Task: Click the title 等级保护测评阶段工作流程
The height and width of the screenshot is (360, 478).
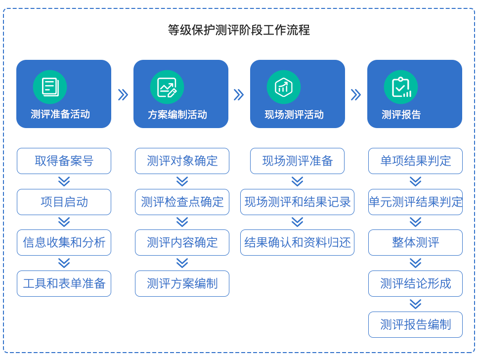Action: coord(239,30)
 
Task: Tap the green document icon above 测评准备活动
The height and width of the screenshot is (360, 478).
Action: coord(50,87)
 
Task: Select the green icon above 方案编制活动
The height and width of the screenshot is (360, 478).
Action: coord(167,87)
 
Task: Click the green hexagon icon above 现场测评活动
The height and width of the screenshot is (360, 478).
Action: coord(284,87)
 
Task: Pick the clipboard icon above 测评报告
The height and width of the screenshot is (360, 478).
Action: coord(401,87)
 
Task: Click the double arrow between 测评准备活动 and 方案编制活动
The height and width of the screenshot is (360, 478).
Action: coord(123,94)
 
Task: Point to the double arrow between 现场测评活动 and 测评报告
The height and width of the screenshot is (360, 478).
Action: coord(356,94)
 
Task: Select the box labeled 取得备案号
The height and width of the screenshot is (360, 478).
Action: coord(64,161)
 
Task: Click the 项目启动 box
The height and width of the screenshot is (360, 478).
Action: coord(64,202)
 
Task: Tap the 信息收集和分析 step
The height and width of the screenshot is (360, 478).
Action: coord(64,242)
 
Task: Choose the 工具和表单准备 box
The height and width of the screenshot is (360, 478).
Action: coord(64,283)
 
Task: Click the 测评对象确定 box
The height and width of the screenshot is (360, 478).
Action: coord(182,161)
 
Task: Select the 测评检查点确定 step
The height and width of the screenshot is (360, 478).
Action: coord(182,202)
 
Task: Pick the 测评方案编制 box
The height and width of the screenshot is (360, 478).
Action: coord(182,283)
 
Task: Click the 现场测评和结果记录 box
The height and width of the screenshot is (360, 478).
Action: coord(297,202)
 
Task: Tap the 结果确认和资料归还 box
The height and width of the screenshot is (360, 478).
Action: coord(297,242)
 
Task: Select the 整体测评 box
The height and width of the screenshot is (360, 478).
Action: coord(416,242)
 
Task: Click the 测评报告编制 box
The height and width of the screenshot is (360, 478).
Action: coord(416,324)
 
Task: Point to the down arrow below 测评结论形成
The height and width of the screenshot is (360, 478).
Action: coord(416,304)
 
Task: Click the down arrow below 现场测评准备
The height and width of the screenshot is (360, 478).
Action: coord(297,181)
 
